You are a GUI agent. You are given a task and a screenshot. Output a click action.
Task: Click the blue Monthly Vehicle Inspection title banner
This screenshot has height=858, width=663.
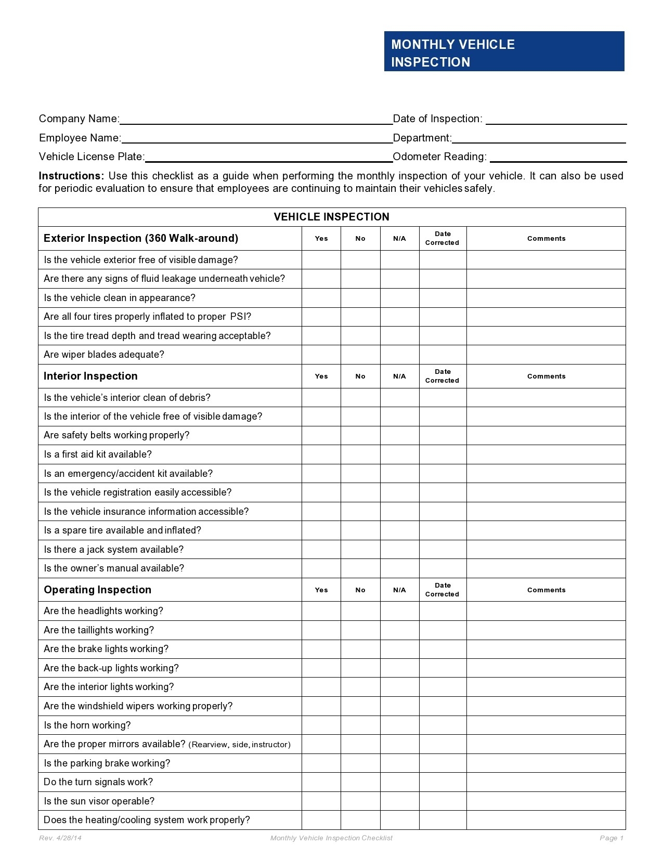pos(504,51)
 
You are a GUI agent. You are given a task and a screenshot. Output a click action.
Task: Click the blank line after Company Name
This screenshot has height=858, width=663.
pos(256,120)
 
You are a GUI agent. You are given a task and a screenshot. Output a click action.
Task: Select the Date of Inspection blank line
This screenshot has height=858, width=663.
pos(556,120)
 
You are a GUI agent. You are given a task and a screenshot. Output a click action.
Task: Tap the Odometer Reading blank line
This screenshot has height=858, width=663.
pos(558,158)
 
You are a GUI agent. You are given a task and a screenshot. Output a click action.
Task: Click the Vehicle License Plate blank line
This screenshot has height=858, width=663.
pos(268,158)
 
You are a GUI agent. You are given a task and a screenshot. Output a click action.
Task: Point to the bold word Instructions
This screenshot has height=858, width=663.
pos(71,176)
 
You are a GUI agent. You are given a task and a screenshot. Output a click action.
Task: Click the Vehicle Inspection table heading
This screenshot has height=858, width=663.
pos(331,217)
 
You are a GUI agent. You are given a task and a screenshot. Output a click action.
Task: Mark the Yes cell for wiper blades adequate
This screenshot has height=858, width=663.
pos(321,355)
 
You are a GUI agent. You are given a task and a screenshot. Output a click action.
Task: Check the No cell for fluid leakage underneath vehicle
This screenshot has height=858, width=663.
pos(360,279)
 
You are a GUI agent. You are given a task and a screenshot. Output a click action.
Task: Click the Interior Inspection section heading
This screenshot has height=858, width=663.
pos(90,376)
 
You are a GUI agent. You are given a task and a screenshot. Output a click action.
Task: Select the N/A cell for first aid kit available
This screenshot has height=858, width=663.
pos(399,454)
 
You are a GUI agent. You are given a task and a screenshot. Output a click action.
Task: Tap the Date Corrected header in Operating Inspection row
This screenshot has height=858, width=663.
pos(443,590)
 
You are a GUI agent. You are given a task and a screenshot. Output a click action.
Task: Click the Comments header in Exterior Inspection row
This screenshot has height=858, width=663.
pos(546,239)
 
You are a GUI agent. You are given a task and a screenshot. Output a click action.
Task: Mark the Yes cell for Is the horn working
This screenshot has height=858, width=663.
pos(321,725)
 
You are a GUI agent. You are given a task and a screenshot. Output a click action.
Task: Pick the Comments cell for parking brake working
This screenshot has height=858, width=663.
pos(546,763)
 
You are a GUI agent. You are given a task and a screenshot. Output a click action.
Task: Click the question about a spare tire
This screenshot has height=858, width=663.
pos(122,530)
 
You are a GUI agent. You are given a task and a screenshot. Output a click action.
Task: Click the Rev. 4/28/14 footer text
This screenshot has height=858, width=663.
pos(60,838)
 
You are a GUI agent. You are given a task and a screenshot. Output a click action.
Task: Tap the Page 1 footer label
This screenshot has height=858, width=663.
pos(611,838)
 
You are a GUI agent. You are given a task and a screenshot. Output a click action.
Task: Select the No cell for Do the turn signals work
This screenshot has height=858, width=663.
pos(360,782)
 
